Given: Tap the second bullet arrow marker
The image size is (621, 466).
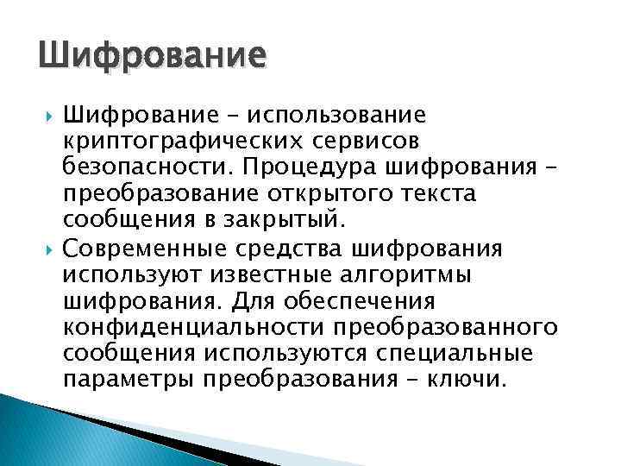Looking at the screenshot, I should tap(48, 250).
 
